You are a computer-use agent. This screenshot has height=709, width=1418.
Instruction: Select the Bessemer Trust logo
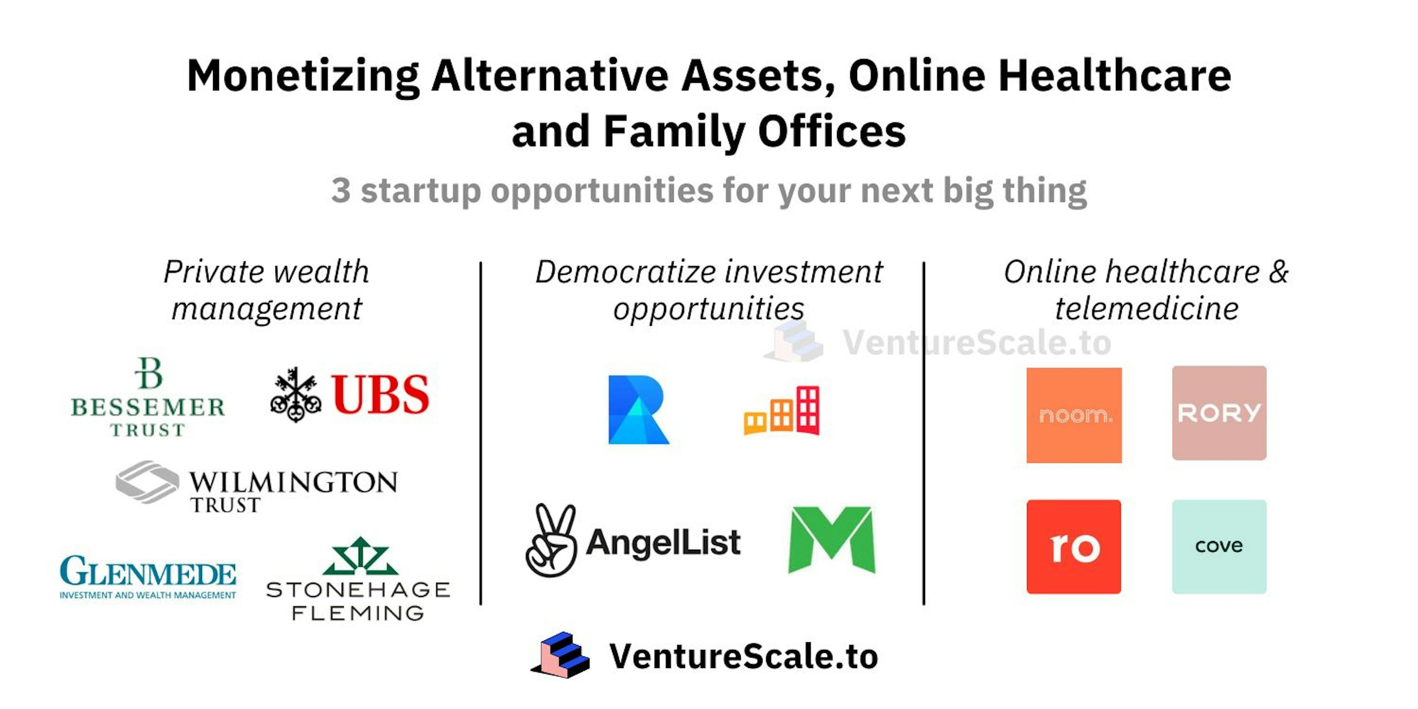click(x=148, y=397)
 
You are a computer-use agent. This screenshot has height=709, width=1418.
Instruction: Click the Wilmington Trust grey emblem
click(x=147, y=482)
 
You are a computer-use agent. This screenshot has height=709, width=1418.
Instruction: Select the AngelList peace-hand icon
click(x=551, y=541)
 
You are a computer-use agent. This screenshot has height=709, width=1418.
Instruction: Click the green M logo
click(x=831, y=540)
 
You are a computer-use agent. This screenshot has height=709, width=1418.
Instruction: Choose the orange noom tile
click(x=1074, y=415)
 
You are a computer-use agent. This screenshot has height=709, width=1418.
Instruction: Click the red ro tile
click(x=1073, y=547)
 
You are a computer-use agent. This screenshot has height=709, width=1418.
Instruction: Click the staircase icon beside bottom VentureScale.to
click(x=561, y=655)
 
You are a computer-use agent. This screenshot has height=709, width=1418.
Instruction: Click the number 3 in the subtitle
click(x=341, y=191)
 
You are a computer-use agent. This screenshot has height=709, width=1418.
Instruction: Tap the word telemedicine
click(x=1147, y=308)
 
